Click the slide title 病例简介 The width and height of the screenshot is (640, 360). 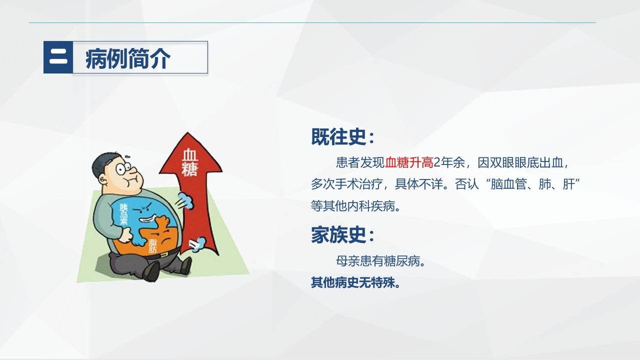tap(128, 58)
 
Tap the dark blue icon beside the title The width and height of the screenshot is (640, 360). tap(58, 57)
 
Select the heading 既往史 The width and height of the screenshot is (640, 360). tap(342, 136)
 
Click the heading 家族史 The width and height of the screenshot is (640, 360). tap(342, 234)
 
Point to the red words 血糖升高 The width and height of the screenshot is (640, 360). tap(409, 162)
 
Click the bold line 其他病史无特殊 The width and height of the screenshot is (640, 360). tap(355, 283)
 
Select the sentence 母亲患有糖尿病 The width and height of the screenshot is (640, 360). tap(380, 261)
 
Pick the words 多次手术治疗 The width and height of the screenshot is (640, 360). tap(347, 184)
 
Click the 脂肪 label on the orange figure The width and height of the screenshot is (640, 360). tap(152, 245)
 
